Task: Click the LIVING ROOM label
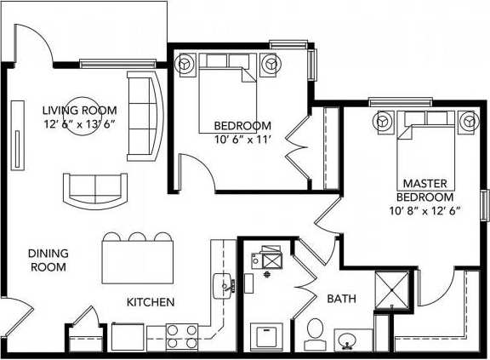pyautogui.click(x=80, y=110)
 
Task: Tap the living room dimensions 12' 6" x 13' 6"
pyautogui.click(x=80, y=123)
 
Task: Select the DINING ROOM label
pyautogui.click(x=48, y=260)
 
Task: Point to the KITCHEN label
pyautogui.click(x=151, y=302)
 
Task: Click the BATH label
pyautogui.click(x=341, y=299)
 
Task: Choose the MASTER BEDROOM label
pyautogui.click(x=424, y=190)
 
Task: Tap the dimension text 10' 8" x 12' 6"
pyautogui.click(x=424, y=210)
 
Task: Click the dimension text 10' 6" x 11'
pyautogui.click(x=242, y=140)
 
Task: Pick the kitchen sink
pyautogui.click(x=225, y=285)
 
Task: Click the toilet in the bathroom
pyautogui.click(x=314, y=331)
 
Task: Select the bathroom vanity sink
pyautogui.click(x=350, y=341)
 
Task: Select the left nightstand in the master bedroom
pyautogui.click(x=383, y=123)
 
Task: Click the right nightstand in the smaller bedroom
pyautogui.click(x=271, y=64)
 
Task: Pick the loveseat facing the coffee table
pyautogui.click(x=94, y=188)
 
